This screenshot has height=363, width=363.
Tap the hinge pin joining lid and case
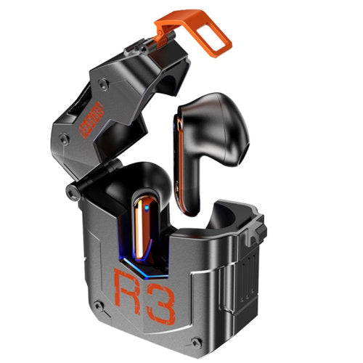[x=71, y=192]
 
